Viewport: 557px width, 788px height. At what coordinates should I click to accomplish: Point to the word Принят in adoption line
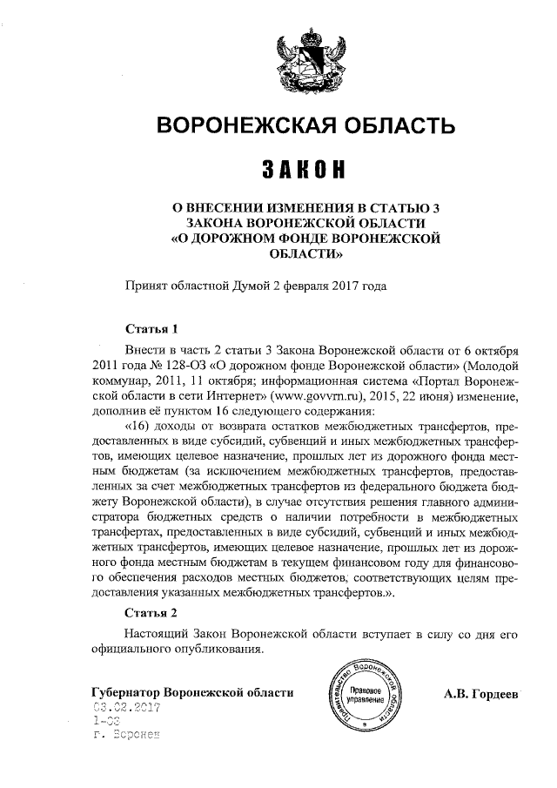[x=146, y=284]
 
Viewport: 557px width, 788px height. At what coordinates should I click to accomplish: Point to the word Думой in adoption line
[x=249, y=284]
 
